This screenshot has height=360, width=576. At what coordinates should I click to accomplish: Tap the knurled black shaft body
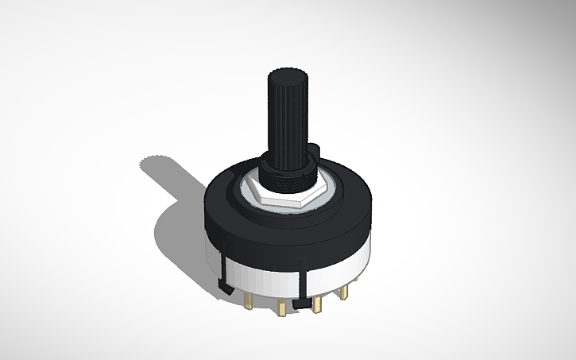[x=288, y=119]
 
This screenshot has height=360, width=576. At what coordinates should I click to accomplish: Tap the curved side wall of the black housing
[x=286, y=234]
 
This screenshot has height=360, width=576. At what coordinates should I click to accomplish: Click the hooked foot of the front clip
[x=302, y=303]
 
